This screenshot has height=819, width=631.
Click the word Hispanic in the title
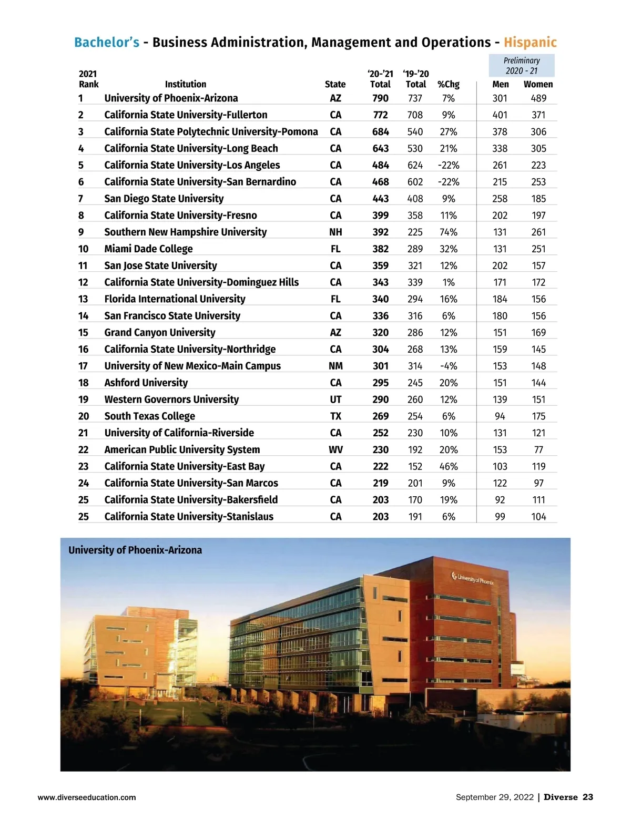(x=530, y=43)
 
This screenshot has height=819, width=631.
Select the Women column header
(x=538, y=84)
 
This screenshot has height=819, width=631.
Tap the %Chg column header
(x=448, y=84)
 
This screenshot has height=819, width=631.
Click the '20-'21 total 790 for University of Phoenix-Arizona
(x=380, y=98)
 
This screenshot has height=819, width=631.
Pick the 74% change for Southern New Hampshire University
(x=449, y=232)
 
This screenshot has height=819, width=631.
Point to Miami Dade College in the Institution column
(x=148, y=249)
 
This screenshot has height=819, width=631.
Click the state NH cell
(x=335, y=232)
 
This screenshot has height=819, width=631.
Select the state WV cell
(x=335, y=450)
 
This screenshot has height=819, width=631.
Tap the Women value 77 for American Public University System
(x=538, y=450)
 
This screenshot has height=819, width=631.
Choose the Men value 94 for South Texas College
(x=500, y=416)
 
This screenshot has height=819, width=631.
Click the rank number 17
(x=83, y=366)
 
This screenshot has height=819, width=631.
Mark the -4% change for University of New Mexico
(x=449, y=366)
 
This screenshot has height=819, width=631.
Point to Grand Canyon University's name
(x=159, y=333)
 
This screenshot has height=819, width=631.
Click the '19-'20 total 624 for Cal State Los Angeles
(x=415, y=165)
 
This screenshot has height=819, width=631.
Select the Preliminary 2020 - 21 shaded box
(x=522, y=66)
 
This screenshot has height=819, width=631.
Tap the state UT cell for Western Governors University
(x=335, y=400)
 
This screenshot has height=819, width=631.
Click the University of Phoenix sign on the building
(x=472, y=579)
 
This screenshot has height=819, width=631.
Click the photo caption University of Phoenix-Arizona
(x=135, y=550)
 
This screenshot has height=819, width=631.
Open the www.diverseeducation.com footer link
(x=87, y=797)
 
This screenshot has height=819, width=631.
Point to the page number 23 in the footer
(x=587, y=797)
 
